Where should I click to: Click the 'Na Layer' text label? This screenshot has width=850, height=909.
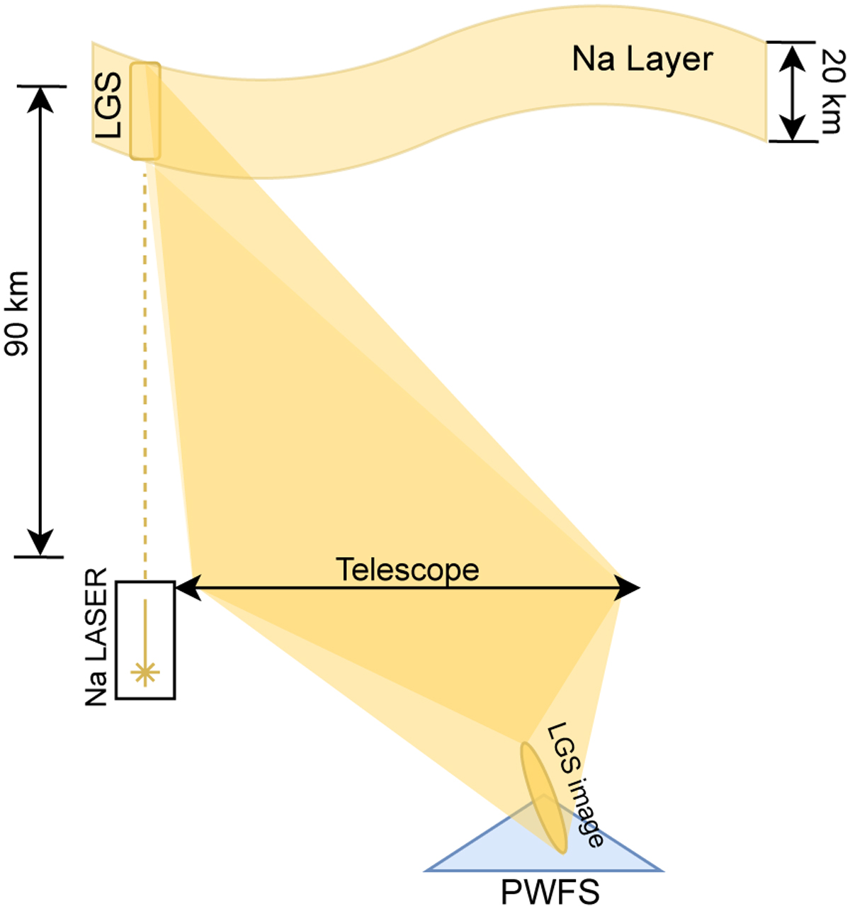[642, 60]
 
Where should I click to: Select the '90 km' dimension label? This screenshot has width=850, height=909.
[17, 314]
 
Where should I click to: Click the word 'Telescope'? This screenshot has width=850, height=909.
[407, 570]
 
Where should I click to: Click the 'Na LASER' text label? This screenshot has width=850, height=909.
[96, 637]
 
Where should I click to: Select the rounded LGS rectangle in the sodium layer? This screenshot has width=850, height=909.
[144, 111]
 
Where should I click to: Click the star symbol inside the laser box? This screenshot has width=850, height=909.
[145, 672]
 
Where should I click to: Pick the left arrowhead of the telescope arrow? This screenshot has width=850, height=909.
[188, 587]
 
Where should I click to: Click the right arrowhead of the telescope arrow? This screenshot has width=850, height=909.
[627, 587]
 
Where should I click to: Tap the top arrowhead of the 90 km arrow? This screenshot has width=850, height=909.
[41, 98]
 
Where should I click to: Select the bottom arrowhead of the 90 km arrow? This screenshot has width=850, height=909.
[41, 543]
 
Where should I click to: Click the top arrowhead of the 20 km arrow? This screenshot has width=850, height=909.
[791, 55]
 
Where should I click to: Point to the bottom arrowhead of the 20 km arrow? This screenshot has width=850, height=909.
[791, 128]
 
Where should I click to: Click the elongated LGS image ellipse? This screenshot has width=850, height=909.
[544, 797]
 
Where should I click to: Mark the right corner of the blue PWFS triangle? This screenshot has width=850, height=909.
[662, 870]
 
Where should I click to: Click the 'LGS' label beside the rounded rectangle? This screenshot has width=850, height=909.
[109, 106]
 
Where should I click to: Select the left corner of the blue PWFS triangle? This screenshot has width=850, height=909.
[426, 870]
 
